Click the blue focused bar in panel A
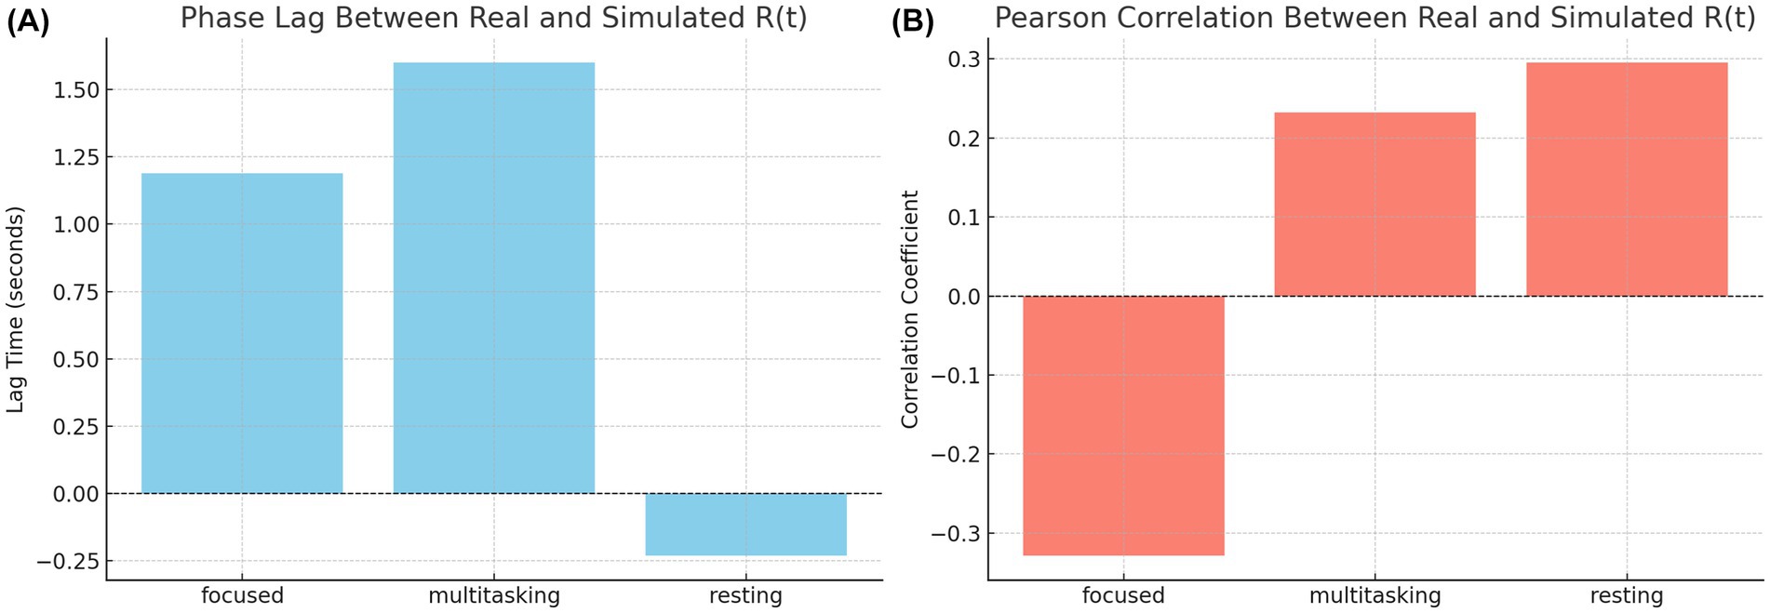click(x=242, y=333)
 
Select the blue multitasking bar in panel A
click(x=493, y=277)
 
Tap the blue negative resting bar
click(x=745, y=525)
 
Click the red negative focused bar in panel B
click(x=1123, y=425)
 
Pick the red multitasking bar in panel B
click(x=1374, y=205)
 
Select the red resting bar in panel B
click(x=1626, y=180)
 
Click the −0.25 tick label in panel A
click(x=68, y=561)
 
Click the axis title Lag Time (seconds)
click(x=15, y=310)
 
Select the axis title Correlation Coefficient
click(x=909, y=310)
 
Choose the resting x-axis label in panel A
click(x=745, y=595)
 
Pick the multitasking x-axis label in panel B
click(x=1374, y=595)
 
